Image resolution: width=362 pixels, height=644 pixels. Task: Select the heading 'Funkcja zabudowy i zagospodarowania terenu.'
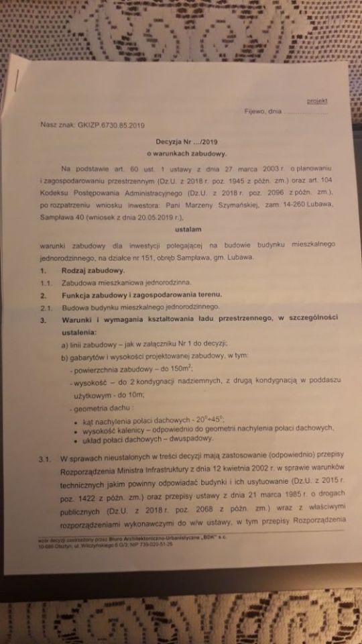pyautogui.click(x=141, y=295)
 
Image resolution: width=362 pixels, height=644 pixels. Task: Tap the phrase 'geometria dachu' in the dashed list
pyautogui.click(x=99, y=407)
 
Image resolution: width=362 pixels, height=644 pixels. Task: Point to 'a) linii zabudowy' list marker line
pyautogui.click(x=90, y=343)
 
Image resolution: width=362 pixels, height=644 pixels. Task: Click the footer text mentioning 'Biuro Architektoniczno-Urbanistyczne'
pyautogui.click(x=131, y=521)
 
